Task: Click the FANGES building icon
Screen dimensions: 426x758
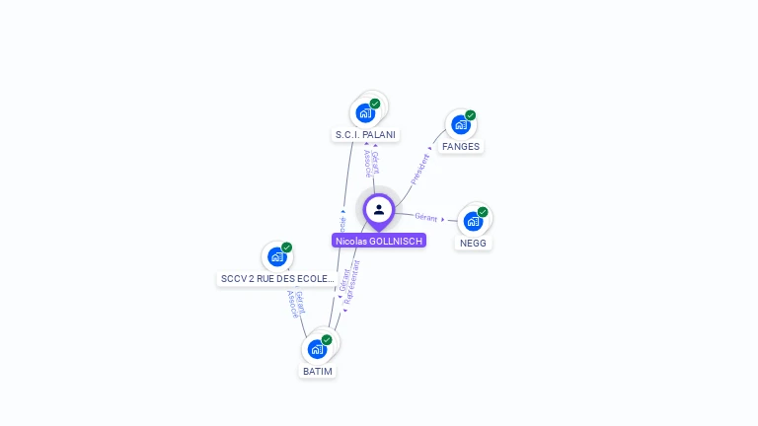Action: pyautogui.click(x=460, y=125)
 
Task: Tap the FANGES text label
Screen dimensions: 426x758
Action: pyautogui.click(x=461, y=147)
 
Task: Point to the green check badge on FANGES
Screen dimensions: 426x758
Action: pyautogui.click(x=471, y=115)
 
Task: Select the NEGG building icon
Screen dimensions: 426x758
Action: pyautogui.click(x=473, y=221)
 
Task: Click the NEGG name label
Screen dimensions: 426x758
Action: pyautogui.click(x=473, y=243)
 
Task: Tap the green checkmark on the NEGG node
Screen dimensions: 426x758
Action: pyautogui.click(x=483, y=212)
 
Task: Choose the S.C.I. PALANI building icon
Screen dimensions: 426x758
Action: pyautogui.click(x=365, y=112)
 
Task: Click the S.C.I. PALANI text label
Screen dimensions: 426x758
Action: pyautogui.click(x=365, y=134)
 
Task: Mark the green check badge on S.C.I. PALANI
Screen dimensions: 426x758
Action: pyautogui.click(x=375, y=104)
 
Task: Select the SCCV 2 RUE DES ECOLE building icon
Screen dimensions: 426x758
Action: pyautogui.click(x=277, y=256)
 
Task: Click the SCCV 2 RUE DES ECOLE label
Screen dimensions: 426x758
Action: pyautogui.click(x=277, y=279)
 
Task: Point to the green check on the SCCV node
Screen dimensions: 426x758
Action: pyautogui.click(x=287, y=248)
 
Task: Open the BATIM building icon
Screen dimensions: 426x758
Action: pyautogui.click(x=317, y=349)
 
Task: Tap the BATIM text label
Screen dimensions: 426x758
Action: pyautogui.click(x=318, y=372)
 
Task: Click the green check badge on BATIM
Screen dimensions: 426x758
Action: pyautogui.click(x=327, y=340)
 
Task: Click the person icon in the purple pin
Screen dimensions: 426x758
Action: pyautogui.click(x=379, y=209)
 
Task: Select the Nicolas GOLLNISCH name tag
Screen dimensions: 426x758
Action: pyautogui.click(x=379, y=241)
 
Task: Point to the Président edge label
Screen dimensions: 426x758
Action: pyautogui.click(x=420, y=169)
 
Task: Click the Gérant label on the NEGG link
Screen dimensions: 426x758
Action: pyautogui.click(x=426, y=217)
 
